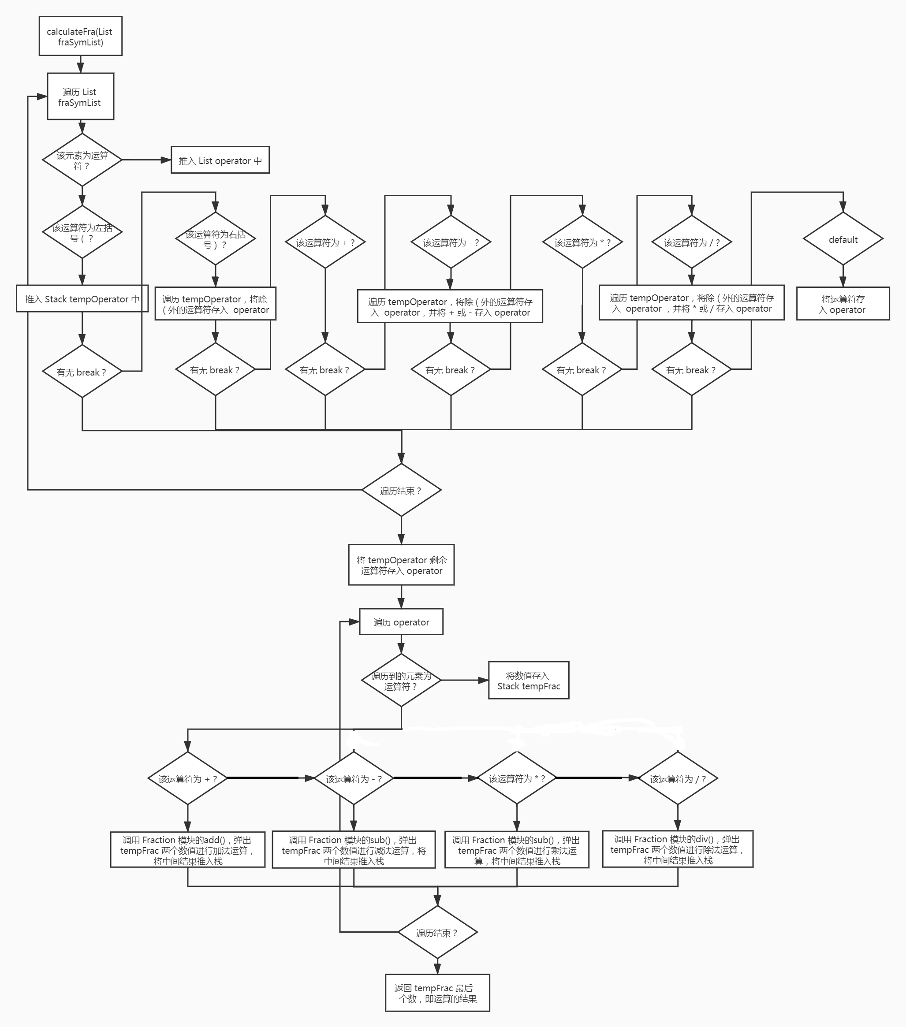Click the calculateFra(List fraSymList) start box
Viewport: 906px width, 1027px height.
pyautogui.click(x=80, y=36)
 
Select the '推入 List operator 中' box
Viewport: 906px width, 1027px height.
pyautogui.click(x=220, y=160)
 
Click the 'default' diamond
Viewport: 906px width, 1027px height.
pyautogui.click(x=843, y=239)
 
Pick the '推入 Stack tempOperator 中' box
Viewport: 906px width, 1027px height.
pyautogui.click(x=82, y=299)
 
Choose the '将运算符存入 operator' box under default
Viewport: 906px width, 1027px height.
pyautogui.click(x=843, y=304)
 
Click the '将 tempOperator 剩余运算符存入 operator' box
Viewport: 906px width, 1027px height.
pyautogui.click(x=401, y=565)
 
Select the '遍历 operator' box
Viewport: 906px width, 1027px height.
pyautogui.click(x=401, y=622)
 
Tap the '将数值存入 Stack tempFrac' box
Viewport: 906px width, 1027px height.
pyautogui.click(x=529, y=680)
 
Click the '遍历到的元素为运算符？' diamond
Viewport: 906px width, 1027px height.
pyautogui.click(x=401, y=680)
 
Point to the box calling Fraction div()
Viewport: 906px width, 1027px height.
pyautogui.click(x=677, y=849)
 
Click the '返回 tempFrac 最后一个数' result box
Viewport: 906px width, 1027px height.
pyautogui.click(x=437, y=993)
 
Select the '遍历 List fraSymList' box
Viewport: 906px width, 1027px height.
pyautogui.click(x=80, y=97)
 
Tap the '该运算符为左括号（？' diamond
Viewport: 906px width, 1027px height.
pyautogui.click(x=82, y=232)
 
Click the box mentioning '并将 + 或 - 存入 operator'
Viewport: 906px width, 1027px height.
pyautogui.click(x=450, y=306)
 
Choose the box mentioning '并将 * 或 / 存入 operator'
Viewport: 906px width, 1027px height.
pyautogui.click(x=691, y=303)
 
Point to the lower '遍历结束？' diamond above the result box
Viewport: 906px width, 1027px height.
pyautogui.click(x=437, y=933)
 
